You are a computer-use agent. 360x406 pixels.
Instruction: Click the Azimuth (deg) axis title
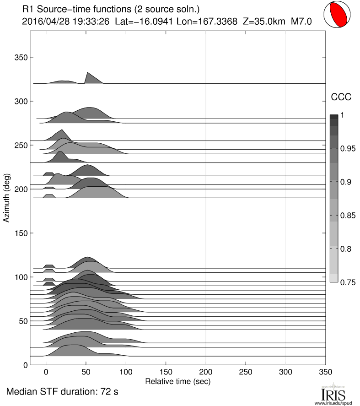(7, 198)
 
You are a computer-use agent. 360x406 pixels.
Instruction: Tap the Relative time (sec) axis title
(177, 381)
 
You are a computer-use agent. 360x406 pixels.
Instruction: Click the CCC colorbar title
(341, 97)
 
